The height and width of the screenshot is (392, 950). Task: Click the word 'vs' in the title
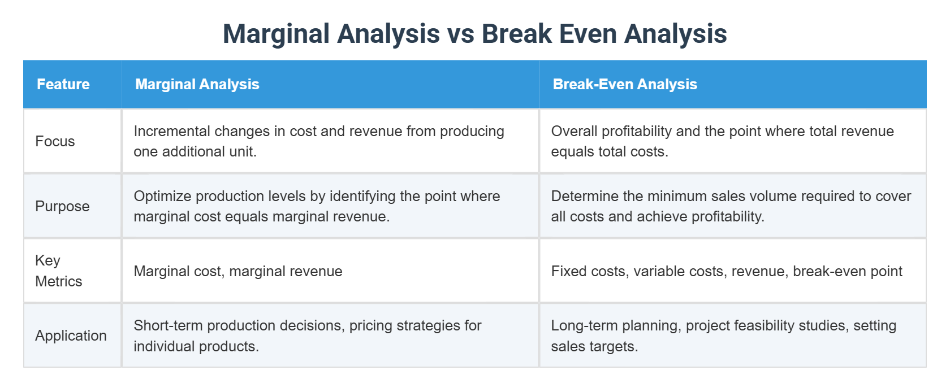(x=460, y=34)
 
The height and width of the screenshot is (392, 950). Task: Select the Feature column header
(x=63, y=85)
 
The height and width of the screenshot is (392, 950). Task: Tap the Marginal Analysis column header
(x=197, y=85)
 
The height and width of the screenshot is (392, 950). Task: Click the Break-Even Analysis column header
(x=624, y=85)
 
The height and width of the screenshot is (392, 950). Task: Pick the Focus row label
(x=55, y=141)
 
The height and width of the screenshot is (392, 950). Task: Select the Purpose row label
(x=62, y=206)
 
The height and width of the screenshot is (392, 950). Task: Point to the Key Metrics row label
(x=58, y=271)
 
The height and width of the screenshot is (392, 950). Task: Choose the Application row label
(x=71, y=336)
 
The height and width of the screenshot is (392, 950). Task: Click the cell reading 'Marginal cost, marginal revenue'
(x=237, y=272)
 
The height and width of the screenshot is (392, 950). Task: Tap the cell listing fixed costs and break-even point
(x=726, y=272)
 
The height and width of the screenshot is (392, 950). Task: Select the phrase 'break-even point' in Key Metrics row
(x=847, y=272)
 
